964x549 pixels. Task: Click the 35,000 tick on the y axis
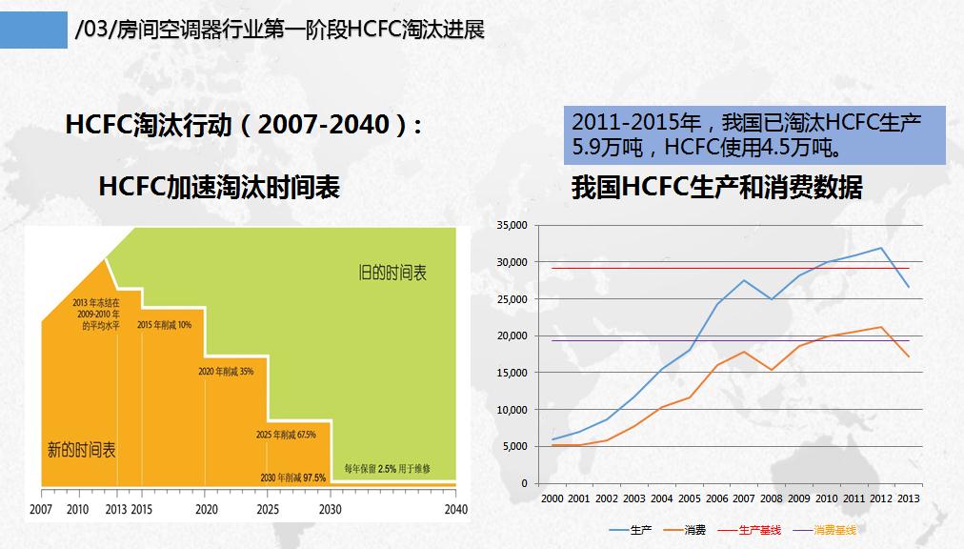click(512, 225)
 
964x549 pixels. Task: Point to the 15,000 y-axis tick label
click(512, 373)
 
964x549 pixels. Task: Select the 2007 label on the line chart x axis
click(743, 498)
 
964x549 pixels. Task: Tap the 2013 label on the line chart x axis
click(909, 498)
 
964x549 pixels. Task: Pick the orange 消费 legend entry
click(694, 529)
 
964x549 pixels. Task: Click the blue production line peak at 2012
click(881, 248)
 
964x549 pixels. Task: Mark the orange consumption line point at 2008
click(772, 370)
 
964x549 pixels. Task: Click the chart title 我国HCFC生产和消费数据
click(716, 188)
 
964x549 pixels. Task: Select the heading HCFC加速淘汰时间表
click(219, 188)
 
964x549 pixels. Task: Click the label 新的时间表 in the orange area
click(82, 450)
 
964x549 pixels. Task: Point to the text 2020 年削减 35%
click(226, 371)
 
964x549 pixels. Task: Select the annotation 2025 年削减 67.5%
click(286, 434)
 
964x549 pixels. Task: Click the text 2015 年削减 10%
click(165, 324)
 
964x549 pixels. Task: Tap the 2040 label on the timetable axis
click(456, 508)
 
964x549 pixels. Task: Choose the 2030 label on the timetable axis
click(331, 508)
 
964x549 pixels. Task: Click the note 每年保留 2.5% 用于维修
click(389, 469)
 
